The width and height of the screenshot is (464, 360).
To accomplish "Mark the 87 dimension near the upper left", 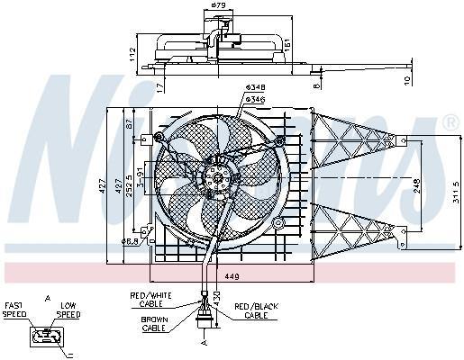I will coord(128,122).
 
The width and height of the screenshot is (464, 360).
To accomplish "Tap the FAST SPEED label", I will coord(15,311).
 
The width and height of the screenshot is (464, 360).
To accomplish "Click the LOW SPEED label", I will coord(70,311).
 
